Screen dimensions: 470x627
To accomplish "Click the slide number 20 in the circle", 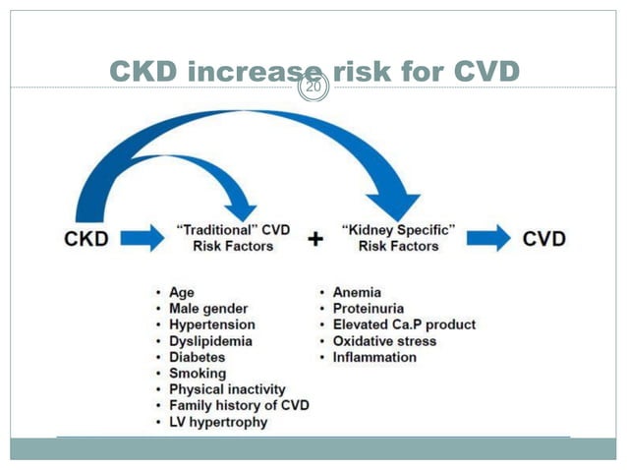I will click(x=313, y=87).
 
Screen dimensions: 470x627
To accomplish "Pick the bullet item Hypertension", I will click(x=211, y=324).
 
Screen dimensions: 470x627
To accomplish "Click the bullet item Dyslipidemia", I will click(x=210, y=341).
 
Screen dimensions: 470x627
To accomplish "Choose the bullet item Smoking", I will click(x=197, y=374).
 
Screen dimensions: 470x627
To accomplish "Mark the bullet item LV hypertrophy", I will click(x=217, y=423).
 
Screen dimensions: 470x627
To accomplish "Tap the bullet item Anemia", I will click(x=356, y=292).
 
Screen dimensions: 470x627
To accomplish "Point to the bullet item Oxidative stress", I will click(x=383, y=341).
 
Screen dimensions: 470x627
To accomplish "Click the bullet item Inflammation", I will click(x=373, y=357).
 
